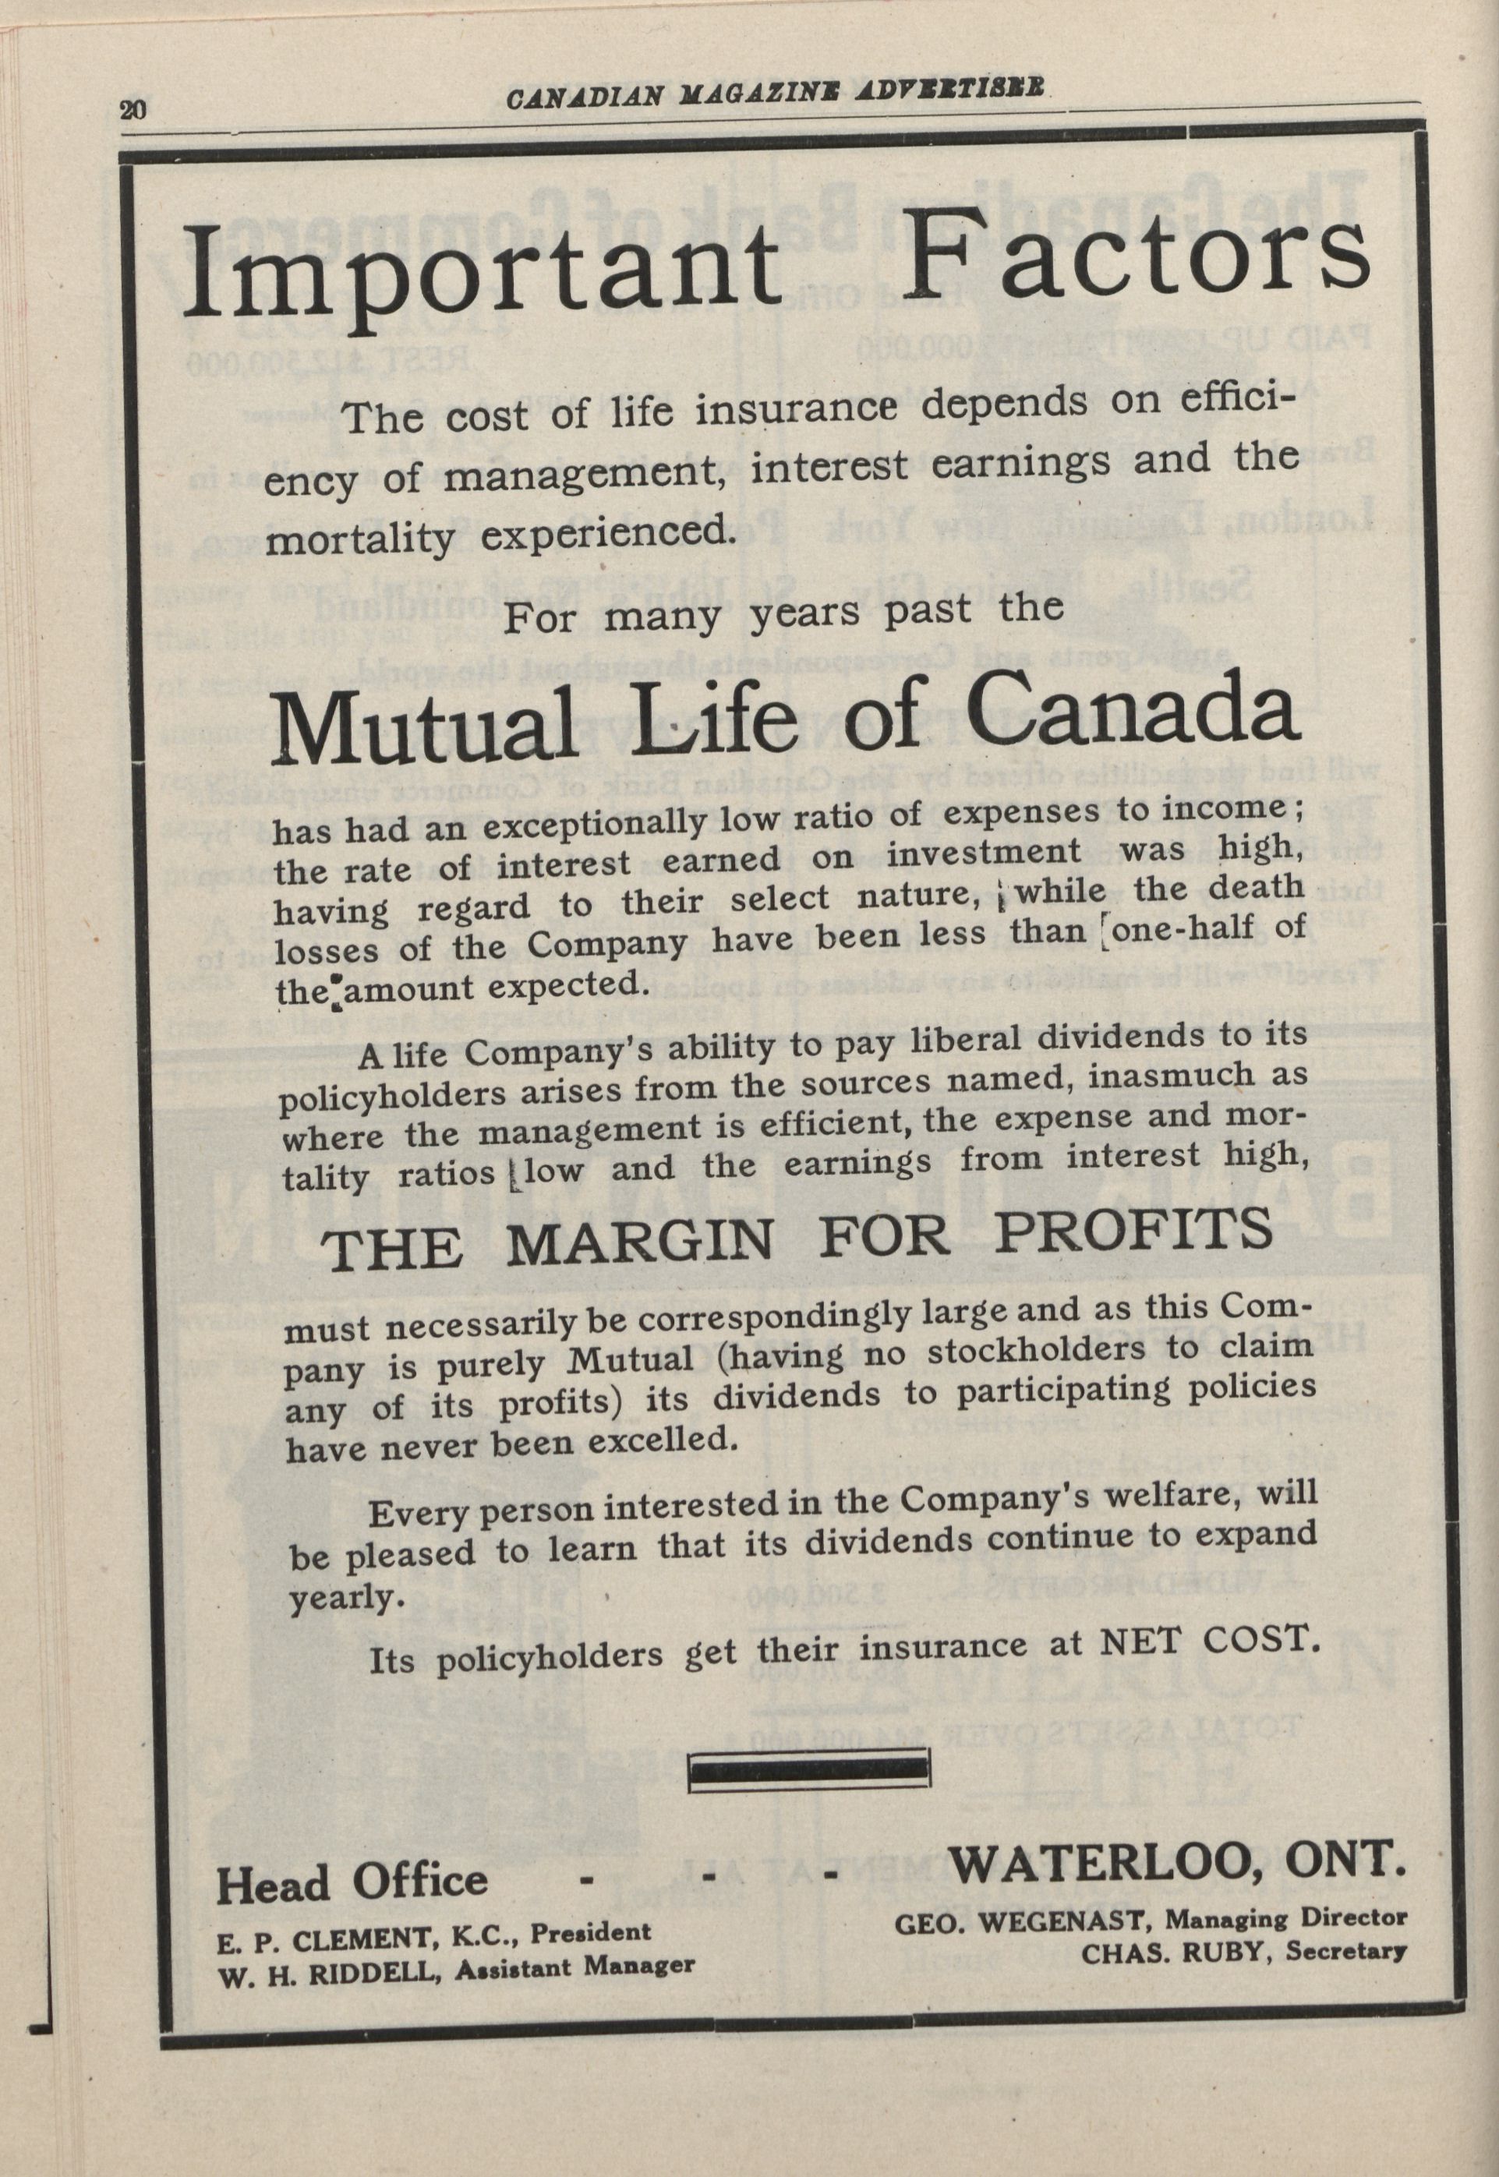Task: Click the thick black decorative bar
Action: click(810, 1771)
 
